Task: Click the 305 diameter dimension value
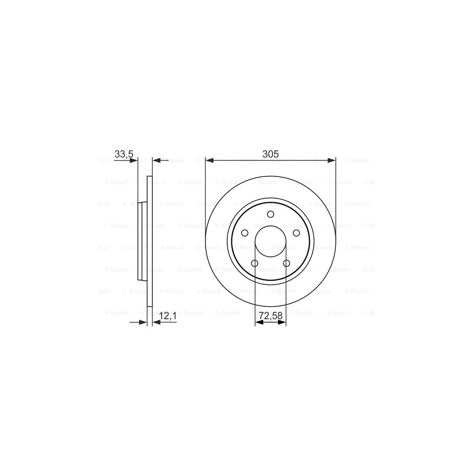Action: click(x=270, y=154)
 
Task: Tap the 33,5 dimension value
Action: click(x=124, y=154)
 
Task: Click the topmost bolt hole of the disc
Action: click(x=271, y=214)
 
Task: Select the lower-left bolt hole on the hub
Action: click(x=255, y=263)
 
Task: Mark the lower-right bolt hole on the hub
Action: click(x=286, y=263)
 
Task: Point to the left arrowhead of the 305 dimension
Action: click(x=209, y=160)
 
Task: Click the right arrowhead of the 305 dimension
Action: click(x=332, y=160)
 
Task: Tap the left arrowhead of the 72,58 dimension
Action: click(x=259, y=322)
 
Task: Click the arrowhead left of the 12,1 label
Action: click(x=156, y=322)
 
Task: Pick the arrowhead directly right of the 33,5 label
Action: click(x=134, y=160)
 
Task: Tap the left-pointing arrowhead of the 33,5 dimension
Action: click(x=156, y=160)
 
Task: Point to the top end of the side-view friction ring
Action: click(x=149, y=177)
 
